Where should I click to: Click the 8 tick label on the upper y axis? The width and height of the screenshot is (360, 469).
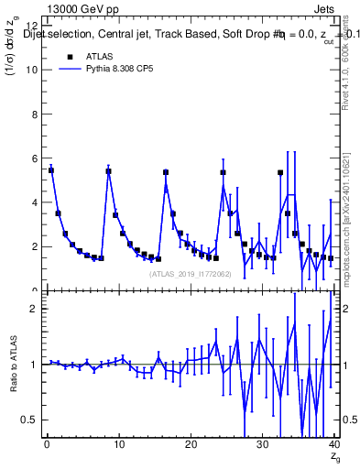click(x=33, y=115)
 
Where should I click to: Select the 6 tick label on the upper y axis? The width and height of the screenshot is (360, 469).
click(x=33, y=158)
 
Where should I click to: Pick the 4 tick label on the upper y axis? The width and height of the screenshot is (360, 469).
click(x=33, y=202)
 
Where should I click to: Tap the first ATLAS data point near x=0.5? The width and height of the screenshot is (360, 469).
click(x=51, y=170)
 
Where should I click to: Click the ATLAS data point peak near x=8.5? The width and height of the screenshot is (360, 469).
click(x=108, y=171)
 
